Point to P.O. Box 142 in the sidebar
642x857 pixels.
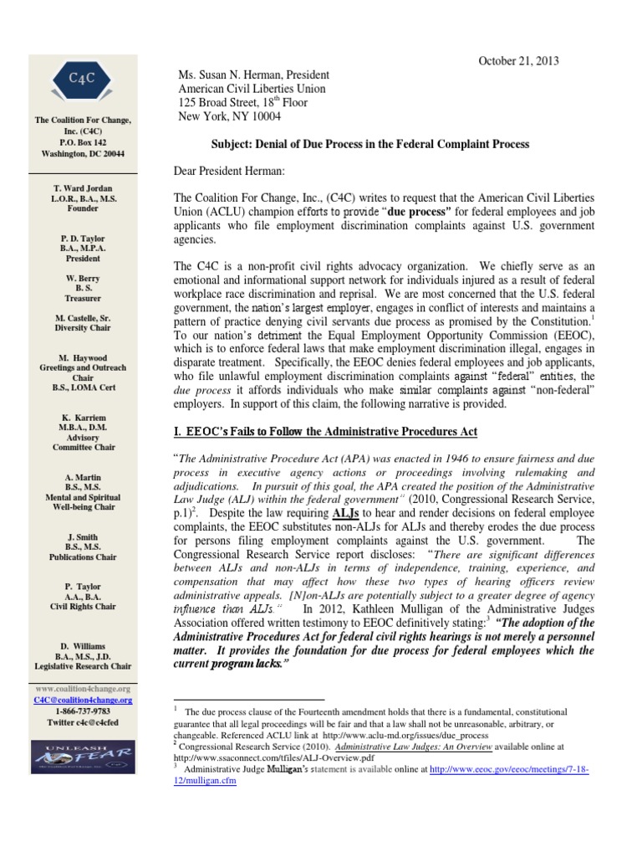click(x=83, y=142)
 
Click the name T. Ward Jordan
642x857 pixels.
click(x=83, y=188)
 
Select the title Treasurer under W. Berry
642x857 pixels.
click(x=83, y=297)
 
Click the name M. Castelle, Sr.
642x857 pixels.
click(x=83, y=319)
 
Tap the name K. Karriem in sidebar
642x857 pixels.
click(x=83, y=416)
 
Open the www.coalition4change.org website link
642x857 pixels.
click(x=83, y=688)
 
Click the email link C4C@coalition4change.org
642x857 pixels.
click(x=83, y=700)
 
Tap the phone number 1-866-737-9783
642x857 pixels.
click(x=83, y=711)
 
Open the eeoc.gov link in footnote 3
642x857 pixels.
click(x=509, y=769)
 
